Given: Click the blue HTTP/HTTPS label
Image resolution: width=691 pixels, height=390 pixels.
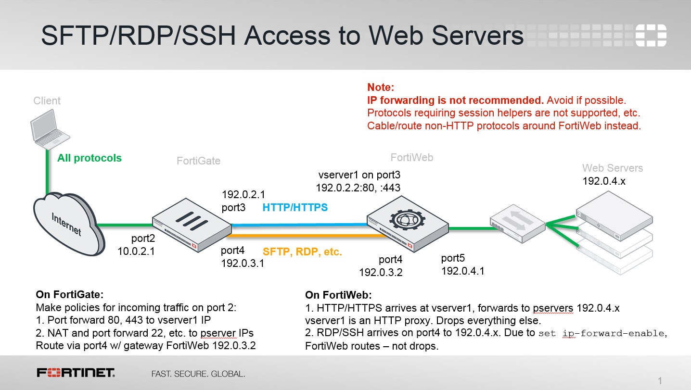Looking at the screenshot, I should click(x=295, y=208).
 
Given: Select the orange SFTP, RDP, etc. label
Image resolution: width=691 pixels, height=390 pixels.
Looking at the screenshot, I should click(x=302, y=252).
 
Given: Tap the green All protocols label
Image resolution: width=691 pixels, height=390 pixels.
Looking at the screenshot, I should click(x=90, y=158).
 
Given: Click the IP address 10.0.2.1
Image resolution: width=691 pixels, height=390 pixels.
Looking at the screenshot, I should click(x=136, y=251).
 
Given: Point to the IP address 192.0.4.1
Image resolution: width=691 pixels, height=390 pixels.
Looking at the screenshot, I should click(x=462, y=271).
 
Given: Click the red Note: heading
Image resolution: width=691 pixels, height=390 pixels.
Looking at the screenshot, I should click(x=381, y=88).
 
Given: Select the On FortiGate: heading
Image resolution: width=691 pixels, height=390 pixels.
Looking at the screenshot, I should click(x=70, y=294).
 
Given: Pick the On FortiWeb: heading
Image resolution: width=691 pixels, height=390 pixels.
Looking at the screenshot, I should click(x=339, y=295).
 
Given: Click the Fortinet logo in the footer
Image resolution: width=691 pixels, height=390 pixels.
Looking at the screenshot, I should click(x=76, y=373).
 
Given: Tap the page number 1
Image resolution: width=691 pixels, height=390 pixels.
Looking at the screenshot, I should click(x=660, y=381).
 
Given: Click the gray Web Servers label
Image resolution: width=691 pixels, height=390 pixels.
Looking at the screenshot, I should click(x=613, y=168).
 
